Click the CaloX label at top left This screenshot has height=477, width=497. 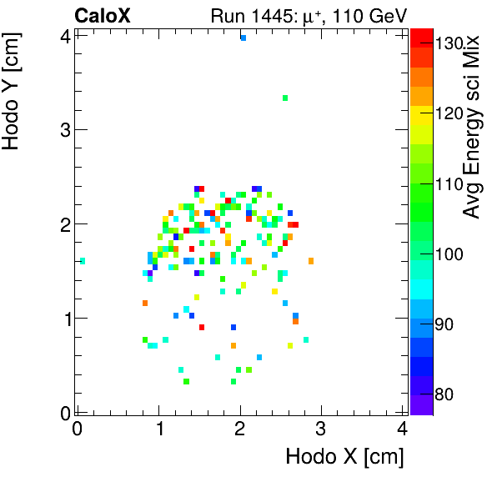tap(103, 16)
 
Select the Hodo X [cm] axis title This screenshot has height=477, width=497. tap(344, 456)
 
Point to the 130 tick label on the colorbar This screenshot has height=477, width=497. tap(449, 44)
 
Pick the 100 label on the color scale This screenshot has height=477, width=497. tap(449, 254)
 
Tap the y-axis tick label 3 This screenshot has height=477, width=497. tap(63, 129)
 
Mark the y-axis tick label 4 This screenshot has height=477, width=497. tap(63, 35)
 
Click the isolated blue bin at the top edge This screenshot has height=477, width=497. tap(243, 38)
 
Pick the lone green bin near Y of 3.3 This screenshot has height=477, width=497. tap(285, 98)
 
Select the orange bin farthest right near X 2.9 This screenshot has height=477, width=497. tap(311, 261)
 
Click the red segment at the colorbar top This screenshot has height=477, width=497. tap(421, 34)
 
